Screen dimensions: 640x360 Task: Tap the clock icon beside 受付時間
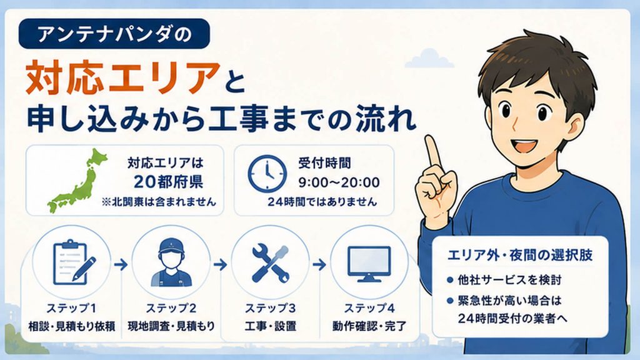(267, 174)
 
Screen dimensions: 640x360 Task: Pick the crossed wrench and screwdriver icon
(271, 263)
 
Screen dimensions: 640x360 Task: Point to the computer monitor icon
(369, 264)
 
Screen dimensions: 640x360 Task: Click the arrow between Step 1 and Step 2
(121, 265)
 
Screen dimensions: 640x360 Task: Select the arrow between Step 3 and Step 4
(319, 265)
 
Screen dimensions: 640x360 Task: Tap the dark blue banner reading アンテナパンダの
(114, 34)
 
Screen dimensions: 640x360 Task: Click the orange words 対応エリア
(122, 77)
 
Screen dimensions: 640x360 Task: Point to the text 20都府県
(168, 182)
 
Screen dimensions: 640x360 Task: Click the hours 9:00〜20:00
(339, 182)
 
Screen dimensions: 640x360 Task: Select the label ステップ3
(270, 307)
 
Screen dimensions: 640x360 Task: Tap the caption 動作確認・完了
(369, 326)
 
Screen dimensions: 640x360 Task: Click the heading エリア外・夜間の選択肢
(520, 256)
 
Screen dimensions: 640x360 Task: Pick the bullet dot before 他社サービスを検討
(450, 280)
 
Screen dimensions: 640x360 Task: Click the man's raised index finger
(432, 151)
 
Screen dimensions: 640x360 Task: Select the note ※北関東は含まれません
(159, 202)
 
